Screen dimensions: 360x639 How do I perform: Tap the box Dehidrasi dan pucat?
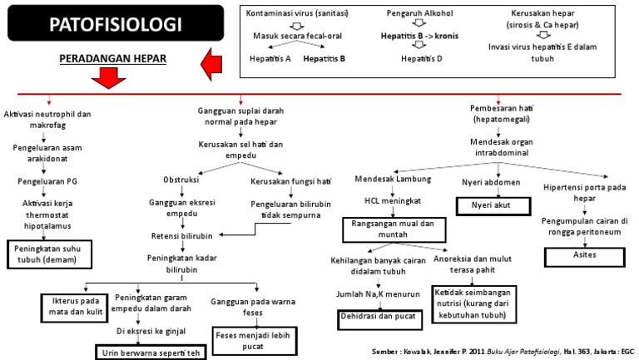(x=376, y=317)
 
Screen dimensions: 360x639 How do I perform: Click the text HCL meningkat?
(x=394, y=200)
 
